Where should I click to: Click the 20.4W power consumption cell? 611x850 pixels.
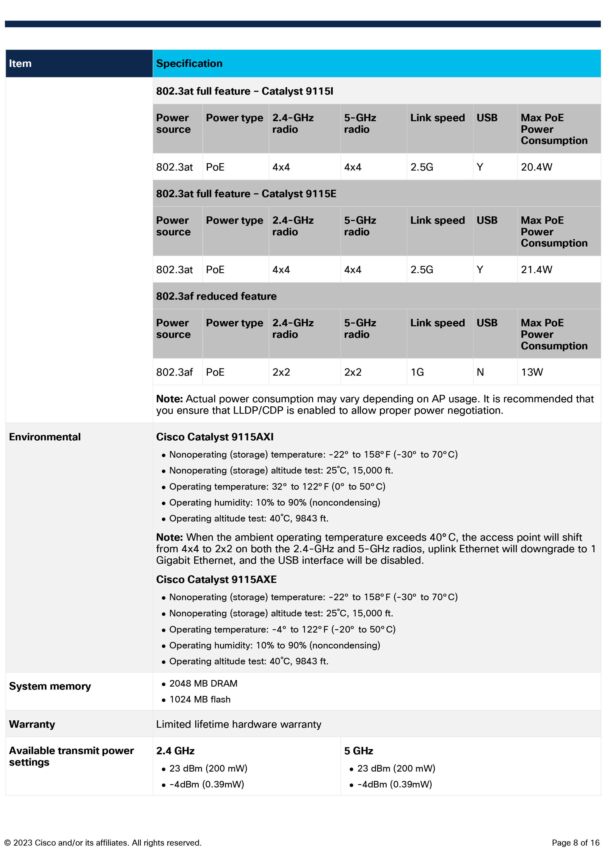(536, 167)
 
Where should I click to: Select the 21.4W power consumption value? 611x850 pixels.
(536, 270)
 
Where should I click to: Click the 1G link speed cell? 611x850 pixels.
(417, 372)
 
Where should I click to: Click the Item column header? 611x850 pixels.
(20, 64)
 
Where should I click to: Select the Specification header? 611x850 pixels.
(189, 64)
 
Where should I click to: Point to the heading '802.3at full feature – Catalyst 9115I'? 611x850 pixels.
(244, 91)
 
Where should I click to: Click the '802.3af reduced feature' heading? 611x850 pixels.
(216, 296)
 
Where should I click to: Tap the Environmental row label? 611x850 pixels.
(45, 437)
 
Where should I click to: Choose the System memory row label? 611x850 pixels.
(50, 686)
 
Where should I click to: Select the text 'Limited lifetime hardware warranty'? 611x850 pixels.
(238, 724)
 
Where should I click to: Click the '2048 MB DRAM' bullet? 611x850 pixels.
(203, 683)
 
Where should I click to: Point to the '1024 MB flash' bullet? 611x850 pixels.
(200, 699)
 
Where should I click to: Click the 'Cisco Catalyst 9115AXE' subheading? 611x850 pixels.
(216, 579)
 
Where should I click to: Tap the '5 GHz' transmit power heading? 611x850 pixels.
(358, 751)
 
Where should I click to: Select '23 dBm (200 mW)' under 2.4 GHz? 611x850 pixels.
(208, 768)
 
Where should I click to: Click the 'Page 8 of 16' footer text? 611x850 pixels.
(575, 843)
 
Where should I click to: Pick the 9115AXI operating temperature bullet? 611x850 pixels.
(277, 486)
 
